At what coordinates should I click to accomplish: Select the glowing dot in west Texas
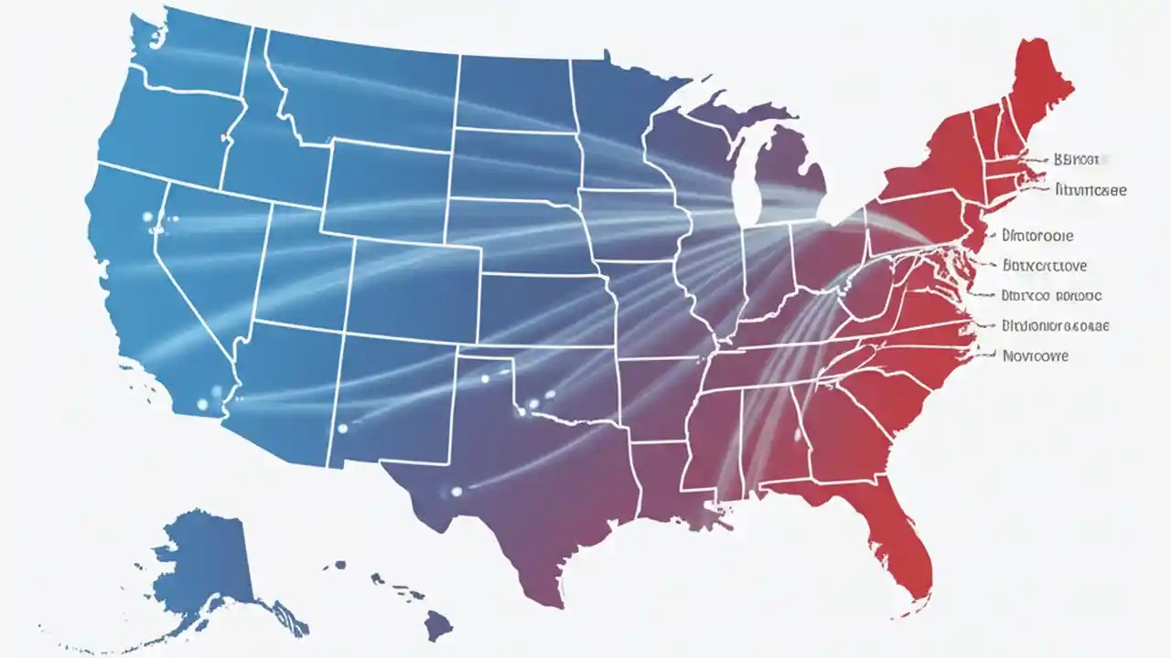click(x=455, y=492)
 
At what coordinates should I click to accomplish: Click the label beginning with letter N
click(x=1035, y=356)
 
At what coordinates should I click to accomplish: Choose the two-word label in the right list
click(x=1051, y=295)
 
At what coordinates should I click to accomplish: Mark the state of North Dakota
click(x=512, y=91)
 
